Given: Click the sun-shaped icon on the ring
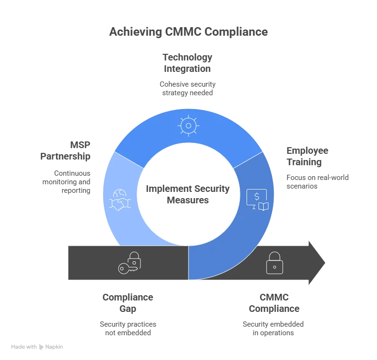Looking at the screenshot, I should [188, 126].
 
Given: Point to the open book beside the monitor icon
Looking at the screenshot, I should [263, 206].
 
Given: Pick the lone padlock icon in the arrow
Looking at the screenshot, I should [274, 263].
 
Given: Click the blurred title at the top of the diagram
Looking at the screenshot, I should [188, 32].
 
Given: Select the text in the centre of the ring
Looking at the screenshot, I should [188, 195].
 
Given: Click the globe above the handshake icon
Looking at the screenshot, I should [119, 193].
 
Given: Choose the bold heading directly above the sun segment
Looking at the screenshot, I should [188, 63].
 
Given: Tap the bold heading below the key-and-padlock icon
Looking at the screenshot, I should [127, 302].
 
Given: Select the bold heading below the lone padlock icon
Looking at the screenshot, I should [274, 302].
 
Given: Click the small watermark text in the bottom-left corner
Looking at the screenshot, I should [38, 347].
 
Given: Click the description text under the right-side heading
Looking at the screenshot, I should [317, 181].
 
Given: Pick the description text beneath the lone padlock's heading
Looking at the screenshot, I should [272, 328].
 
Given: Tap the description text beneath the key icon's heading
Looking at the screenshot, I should [129, 328].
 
